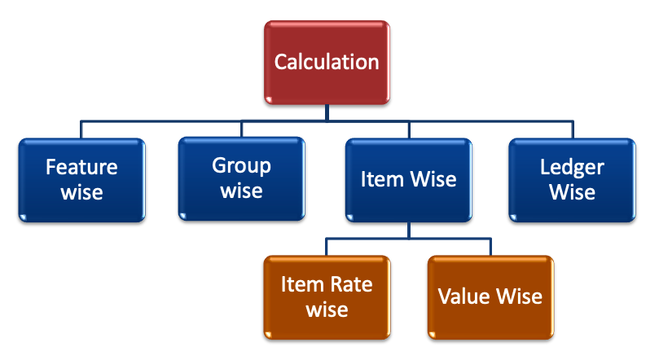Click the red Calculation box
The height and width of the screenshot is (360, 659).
(x=326, y=62)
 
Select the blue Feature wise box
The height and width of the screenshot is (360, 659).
(x=81, y=179)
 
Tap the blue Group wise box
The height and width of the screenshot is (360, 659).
(x=242, y=179)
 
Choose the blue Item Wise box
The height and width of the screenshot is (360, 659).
(x=409, y=179)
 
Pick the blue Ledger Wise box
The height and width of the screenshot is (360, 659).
(x=572, y=179)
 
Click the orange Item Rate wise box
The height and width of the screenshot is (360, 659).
(x=326, y=296)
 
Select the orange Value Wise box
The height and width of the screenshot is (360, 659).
(x=490, y=296)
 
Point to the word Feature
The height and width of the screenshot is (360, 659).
(x=81, y=168)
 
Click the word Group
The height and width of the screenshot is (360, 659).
(x=242, y=166)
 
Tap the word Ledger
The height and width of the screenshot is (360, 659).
(x=572, y=168)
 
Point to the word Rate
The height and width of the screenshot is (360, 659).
(x=352, y=284)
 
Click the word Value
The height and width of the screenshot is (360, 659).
(x=461, y=296)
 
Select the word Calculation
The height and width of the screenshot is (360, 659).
(x=326, y=62)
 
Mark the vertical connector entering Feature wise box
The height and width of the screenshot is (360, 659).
(x=81, y=130)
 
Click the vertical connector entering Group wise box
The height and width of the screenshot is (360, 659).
(x=242, y=130)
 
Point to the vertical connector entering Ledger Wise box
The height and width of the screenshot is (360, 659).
(x=572, y=130)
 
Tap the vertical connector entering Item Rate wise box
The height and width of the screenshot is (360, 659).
(x=326, y=247)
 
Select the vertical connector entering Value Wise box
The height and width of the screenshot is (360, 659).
(x=490, y=247)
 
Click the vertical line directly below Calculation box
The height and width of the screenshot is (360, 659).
(x=326, y=113)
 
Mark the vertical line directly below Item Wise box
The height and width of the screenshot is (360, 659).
(x=409, y=230)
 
